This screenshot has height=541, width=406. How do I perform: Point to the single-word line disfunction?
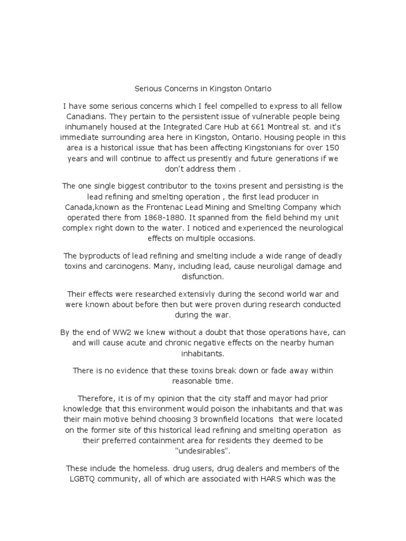point(202,276)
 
